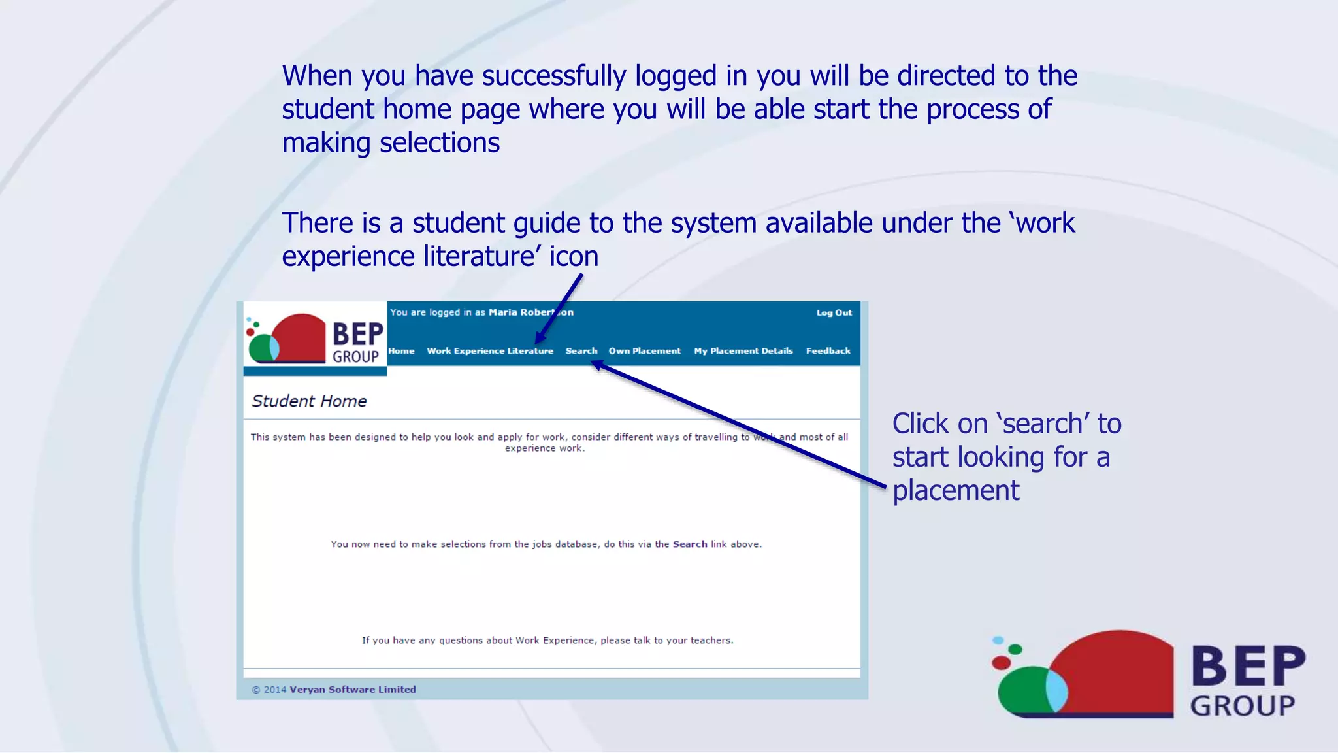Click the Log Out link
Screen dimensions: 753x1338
(834, 313)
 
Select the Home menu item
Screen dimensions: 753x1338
(401, 351)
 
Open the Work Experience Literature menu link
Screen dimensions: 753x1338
(489, 351)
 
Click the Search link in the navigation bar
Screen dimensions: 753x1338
(581, 351)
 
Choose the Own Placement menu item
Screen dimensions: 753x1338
(644, 351)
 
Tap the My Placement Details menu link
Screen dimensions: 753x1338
(743, 351)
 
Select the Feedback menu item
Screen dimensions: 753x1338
(828, 351)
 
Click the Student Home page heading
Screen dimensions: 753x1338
(309, 401)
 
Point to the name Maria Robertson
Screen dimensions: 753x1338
(530, 312)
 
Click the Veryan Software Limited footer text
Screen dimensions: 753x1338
(352, 690)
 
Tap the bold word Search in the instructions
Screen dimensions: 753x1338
(689, 544)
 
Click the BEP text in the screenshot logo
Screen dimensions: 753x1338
(357, 334)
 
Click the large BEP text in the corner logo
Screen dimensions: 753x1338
(1248, 666)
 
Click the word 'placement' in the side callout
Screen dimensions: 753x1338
(955, 491)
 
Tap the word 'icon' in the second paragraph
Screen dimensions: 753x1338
(573, 256)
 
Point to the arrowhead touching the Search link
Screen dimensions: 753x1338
(597, 365)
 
